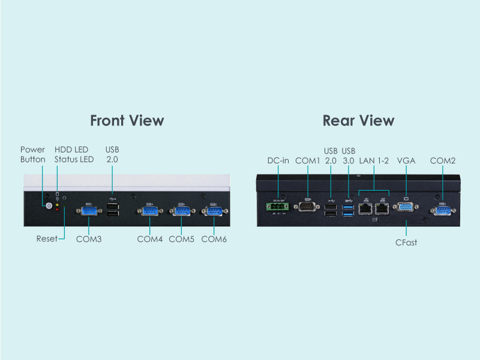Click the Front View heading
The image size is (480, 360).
(127, 120)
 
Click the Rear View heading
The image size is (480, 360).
(358, 120)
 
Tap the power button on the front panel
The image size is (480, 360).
(49, 205)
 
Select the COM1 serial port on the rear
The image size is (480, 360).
(308, 208)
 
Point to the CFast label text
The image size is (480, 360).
(407, 243)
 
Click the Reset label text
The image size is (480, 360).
(47, 239)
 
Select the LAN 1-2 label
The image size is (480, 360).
(374, 161)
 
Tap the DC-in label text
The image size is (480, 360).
(278, 161)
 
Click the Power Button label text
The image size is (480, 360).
(33, 154)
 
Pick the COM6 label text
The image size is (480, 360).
(214, 239)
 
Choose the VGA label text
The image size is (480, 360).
(407, 161)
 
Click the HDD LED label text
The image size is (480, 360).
(71, 149)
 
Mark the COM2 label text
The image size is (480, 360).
(443, 161)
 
